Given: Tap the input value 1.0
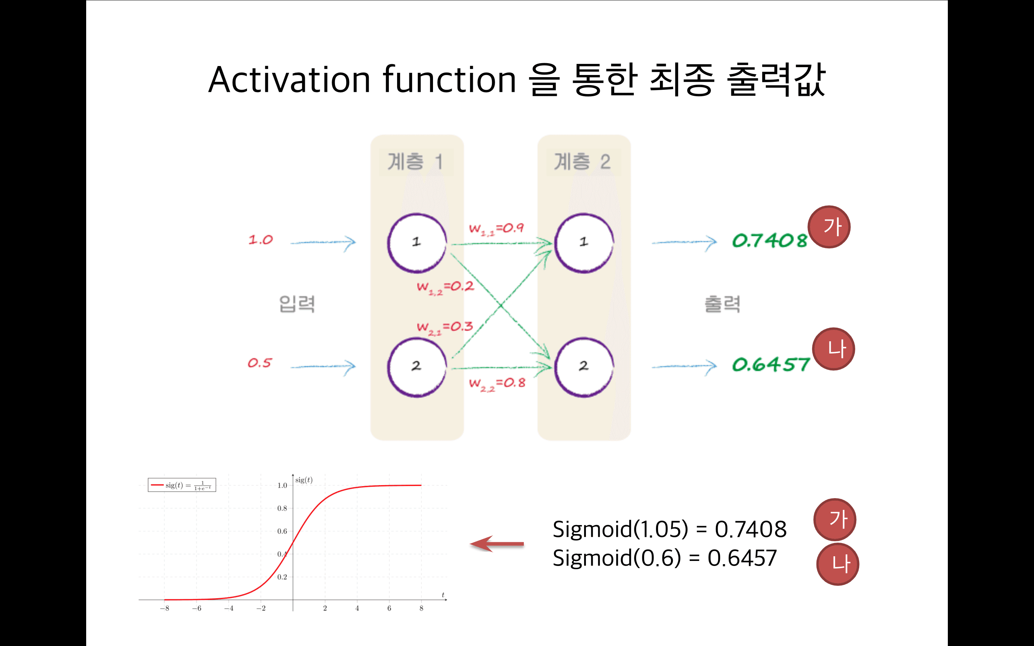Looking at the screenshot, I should [261, 240].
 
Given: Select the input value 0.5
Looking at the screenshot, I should [259, 363].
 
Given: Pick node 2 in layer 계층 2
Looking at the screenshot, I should [584, 366].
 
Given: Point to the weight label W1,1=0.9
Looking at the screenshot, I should [496, 229].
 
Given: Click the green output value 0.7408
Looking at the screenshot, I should [769, 241].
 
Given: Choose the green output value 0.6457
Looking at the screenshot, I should [770, 365].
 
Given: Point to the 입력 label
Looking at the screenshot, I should [297, 304].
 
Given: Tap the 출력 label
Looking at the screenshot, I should [722, 304].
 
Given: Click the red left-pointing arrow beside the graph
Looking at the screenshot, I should [497, 544].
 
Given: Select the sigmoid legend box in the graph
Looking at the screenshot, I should [182, 485].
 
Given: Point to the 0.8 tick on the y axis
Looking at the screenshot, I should [282, 509].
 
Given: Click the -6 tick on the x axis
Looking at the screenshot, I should [196, 608].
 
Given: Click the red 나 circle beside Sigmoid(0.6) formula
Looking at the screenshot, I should [838, 564].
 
